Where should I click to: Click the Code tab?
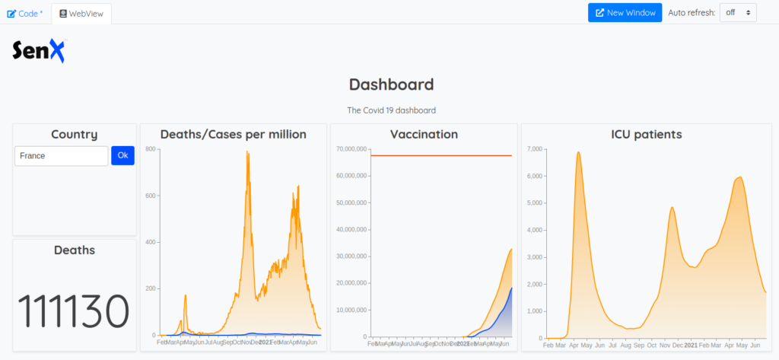(x=25, y=13)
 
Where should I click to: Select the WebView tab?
(x=81, y=13)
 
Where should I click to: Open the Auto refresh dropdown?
(x=737, y=12)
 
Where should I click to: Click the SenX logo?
(x=39, y=50)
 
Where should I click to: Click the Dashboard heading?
(x=391, y=84)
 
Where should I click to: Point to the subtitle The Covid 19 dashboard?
(x=391, y=110)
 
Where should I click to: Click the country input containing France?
(x=62, y=155)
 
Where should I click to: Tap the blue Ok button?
(x=122, y=155)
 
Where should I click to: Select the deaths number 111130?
(x=73, y=311)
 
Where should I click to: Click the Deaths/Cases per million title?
(x=233, y=135)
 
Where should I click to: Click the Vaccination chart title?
(x=424, y=135)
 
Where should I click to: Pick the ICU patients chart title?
(x=647, y=135)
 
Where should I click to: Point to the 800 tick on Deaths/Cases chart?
(x=151, y=149)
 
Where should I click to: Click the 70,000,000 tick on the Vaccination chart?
(x=351, y=149)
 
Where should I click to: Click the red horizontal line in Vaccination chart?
(x=441, y=156)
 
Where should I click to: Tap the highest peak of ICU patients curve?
(x=579, y=152)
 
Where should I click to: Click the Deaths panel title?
(x=74, y=250)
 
